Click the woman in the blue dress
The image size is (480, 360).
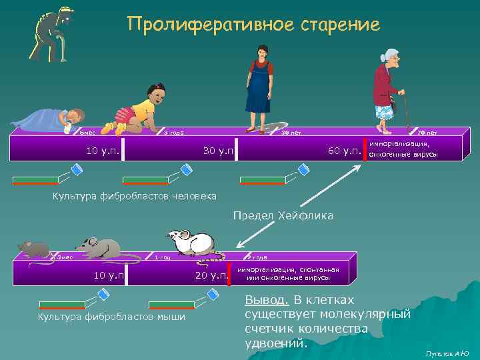(x=259, y=87)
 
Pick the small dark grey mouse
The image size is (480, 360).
(x=34, y=249)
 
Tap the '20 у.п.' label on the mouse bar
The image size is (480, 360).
(x=211, y=275)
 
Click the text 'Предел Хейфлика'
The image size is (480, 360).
(x=283, y=216)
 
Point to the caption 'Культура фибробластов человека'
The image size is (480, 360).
(x=134, y=196)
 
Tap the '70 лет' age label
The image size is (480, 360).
(x=427, y=133)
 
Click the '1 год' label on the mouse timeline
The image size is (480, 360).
(x=163, y=257)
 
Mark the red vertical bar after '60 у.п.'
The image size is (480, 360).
(x=366, y=150)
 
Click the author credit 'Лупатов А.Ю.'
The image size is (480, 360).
(x=447, y=353)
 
